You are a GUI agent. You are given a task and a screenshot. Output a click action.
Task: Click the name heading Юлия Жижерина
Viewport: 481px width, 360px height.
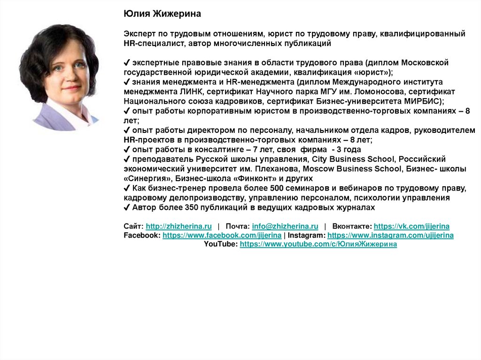tap(162, 14)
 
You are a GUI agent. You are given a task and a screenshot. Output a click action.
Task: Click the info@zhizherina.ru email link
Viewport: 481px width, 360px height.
tap(285, 226)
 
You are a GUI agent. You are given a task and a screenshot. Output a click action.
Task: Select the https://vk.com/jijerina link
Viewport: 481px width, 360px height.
tap(411, 226)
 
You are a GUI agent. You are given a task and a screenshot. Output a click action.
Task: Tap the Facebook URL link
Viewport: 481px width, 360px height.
tap(222, 235)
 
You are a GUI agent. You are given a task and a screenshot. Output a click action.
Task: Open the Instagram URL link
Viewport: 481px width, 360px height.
tap(390, 235)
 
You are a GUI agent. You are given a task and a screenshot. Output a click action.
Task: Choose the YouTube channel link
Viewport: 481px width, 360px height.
tap(318, 245)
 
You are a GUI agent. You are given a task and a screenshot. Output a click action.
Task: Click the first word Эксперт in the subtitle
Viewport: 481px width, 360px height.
tap(139, 34)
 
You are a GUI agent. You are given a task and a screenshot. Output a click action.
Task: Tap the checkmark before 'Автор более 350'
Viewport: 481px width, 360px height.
tap(127, 207)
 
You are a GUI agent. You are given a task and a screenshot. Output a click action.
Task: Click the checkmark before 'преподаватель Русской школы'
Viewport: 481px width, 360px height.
tap(127, 159)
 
